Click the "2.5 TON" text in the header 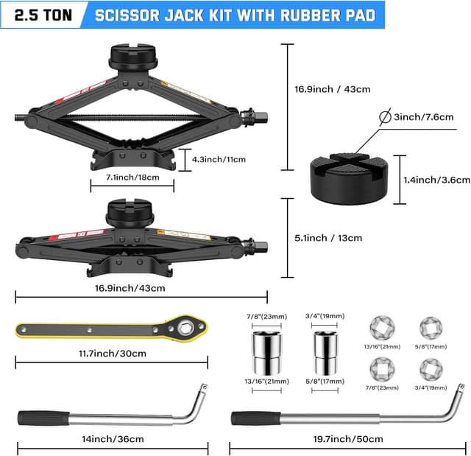point(43,15)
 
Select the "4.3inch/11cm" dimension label point(219,159)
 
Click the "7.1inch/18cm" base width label point(132,178)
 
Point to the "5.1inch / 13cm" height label point(328,238)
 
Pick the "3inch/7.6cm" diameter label point(424,117)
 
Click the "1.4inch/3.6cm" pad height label point(436,180)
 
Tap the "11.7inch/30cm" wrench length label point(113,353)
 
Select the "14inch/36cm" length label point(113,439)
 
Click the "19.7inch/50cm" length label point(348,439)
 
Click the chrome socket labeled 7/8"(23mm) point(266,353)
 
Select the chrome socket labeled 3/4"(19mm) point(325,353)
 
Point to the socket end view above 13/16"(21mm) point(382,328)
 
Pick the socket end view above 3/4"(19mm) point(431,370)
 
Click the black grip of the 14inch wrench point(43,418)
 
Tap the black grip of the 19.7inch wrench point(256,418)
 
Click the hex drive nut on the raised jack point(261,116)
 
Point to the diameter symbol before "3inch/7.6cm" point(385,116)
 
